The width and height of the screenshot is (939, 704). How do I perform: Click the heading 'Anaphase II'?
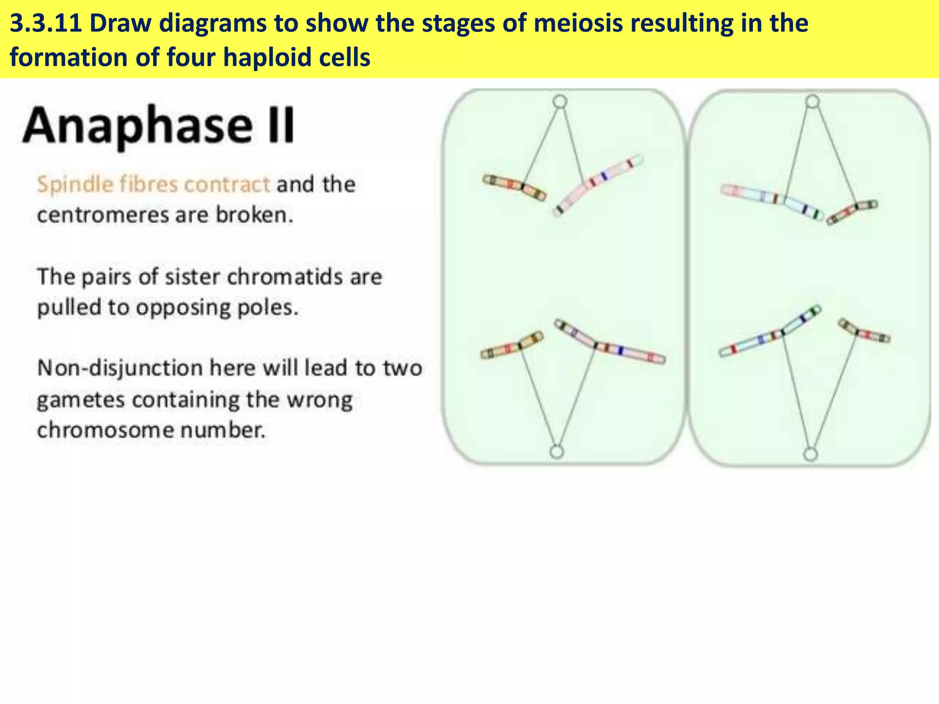[158, 125]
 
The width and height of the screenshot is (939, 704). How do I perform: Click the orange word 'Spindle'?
[75, 185]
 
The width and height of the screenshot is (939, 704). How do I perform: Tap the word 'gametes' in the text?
[81, 400]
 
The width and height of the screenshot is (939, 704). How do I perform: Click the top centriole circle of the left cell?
[560, 101]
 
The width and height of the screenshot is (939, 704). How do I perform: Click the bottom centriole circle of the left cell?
[556, 452]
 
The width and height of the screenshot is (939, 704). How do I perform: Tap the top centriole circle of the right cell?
[812, 101]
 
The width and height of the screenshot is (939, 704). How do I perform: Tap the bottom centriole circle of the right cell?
[811, 454]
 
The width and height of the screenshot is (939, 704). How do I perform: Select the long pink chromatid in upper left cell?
[598, 183]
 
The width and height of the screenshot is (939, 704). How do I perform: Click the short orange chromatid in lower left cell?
[512, 346]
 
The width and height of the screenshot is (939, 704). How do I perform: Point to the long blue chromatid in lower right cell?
[770, 332]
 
